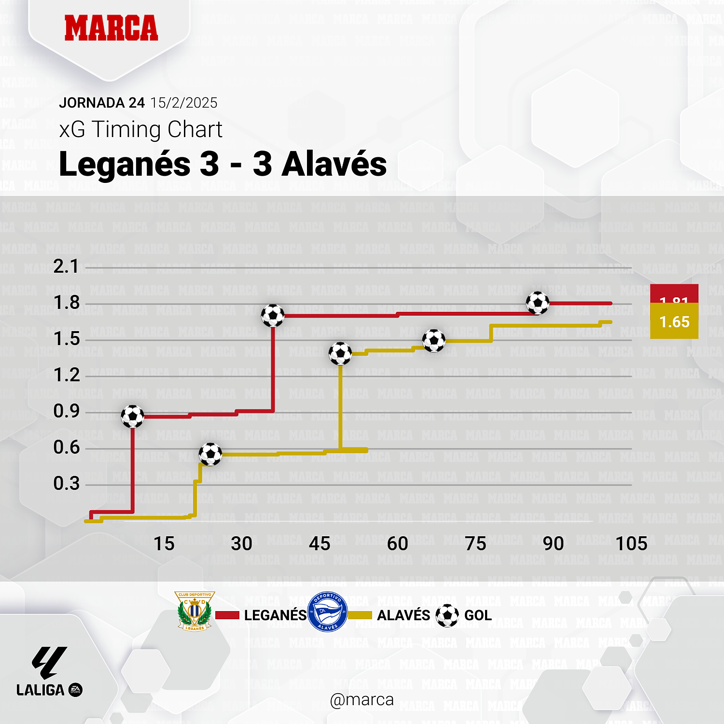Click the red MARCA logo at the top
111,28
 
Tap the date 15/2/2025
183,103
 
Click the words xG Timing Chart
140,129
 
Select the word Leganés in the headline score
125,164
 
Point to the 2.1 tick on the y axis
66,266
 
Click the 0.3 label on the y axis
66,484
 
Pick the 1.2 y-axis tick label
66,375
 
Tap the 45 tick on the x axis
320,544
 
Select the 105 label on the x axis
631,544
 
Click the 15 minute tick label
164,544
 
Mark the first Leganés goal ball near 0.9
132,416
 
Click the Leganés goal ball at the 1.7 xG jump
273,316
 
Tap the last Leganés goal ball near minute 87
537,303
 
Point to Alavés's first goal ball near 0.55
210,454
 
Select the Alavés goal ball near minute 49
340,353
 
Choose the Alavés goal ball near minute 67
434,341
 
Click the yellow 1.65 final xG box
674,322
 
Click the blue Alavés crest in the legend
327,612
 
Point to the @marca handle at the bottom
362,700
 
